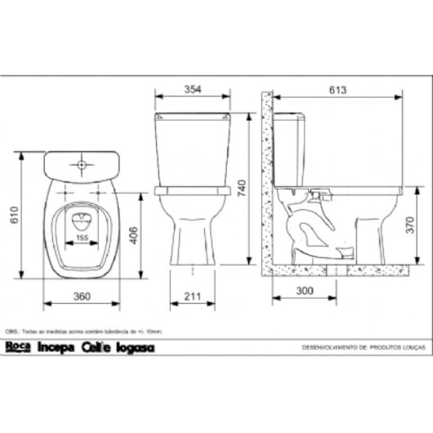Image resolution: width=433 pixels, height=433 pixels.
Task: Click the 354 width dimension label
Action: point(192,89)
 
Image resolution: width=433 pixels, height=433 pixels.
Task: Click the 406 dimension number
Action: point(133,235)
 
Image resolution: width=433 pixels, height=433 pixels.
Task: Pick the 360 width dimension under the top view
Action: point(80,295)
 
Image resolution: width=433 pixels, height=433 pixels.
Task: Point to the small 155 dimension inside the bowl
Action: point(82,238)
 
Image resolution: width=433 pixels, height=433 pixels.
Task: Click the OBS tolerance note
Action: point(86,332)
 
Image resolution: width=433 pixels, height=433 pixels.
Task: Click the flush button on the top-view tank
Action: point(82,165)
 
